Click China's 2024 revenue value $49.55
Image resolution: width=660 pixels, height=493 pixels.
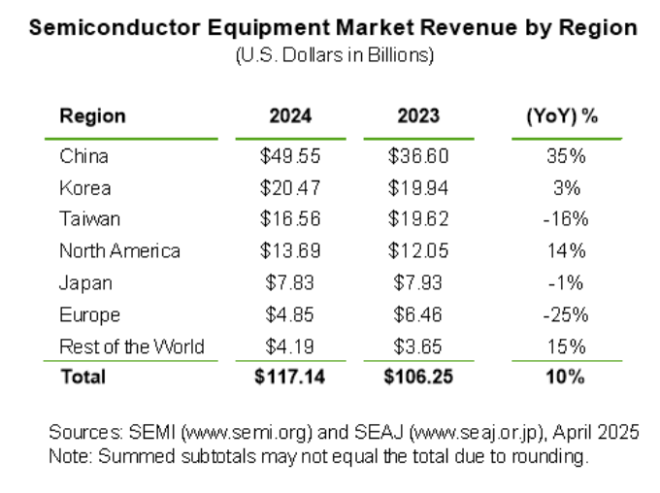click(x=290, y=156)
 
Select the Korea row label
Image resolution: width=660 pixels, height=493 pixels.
click(x=84, y=187)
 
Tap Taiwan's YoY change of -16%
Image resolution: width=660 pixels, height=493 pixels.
click(x=566, y=218)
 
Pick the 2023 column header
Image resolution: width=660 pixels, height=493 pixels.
click(x=418, y=115)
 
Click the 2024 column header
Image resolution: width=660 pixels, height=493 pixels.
click(x=290, y=115)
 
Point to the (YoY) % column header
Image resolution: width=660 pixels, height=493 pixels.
click(x=561, y=115)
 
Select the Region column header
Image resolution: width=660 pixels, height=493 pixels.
click(x=92, y=115)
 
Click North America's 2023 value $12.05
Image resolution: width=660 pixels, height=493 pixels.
click(x=418, y=250)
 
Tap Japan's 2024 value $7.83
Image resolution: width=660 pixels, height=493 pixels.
click(x=290, y=282)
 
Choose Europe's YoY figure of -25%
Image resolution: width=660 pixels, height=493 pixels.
click(x=566, y=314)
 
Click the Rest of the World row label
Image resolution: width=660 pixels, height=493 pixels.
click(x=131, y=346)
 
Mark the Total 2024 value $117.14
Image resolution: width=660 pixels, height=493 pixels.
click(x=290, y=377)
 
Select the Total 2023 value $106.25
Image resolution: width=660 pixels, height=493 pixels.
click(x=418, y=377)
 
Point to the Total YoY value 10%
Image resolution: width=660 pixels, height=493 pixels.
click(x=566, y=377)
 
